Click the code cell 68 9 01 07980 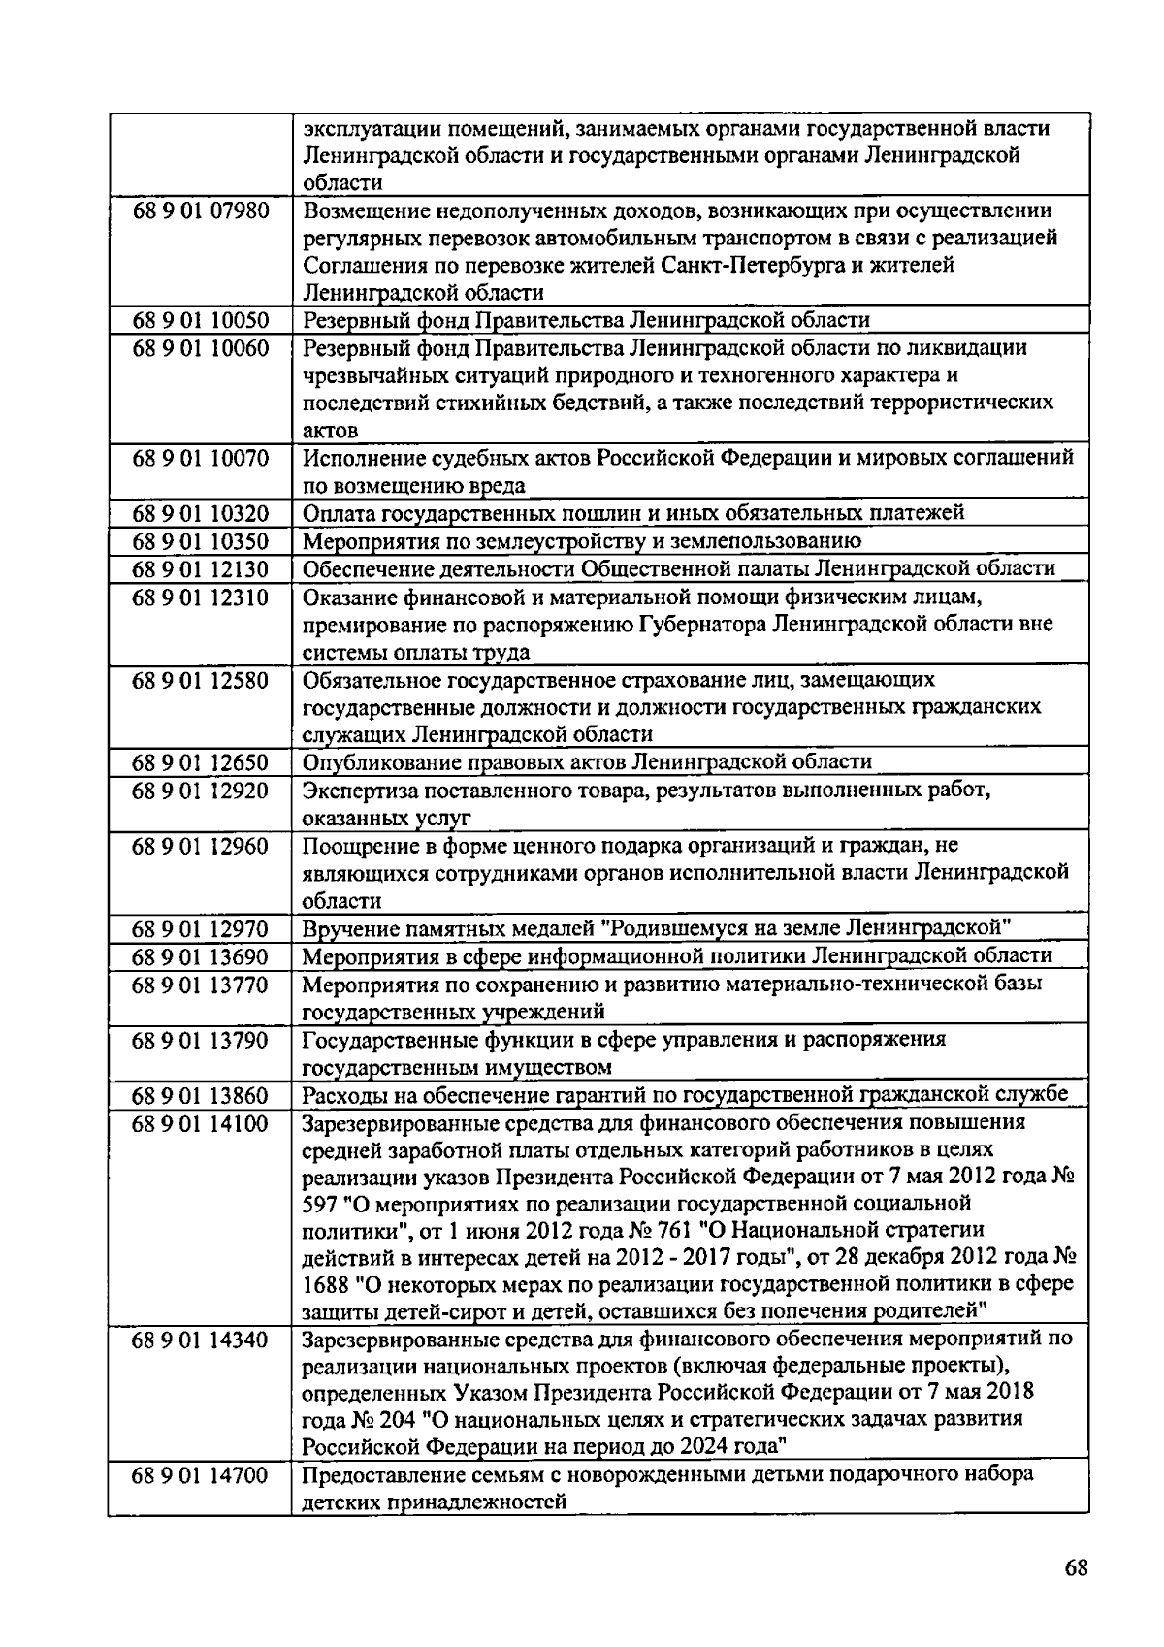point(200,210)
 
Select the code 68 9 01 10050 point(200,320)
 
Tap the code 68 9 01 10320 point(200,513)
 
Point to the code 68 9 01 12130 point(200,568)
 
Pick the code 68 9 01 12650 point(200,762)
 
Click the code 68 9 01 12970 point(200,928)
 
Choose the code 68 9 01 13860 point(200,1095)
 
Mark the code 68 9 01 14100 point(200,1123)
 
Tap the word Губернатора point(703,624)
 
